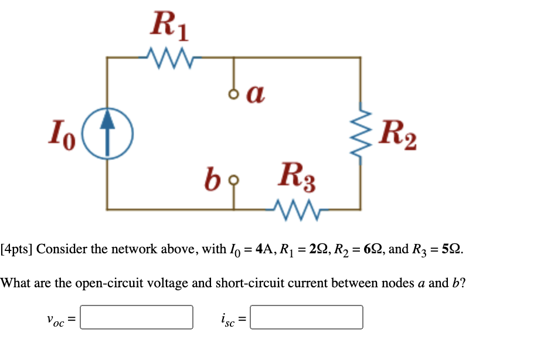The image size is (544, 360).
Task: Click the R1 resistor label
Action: point(169,26)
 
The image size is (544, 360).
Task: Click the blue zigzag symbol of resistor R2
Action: point(360,136)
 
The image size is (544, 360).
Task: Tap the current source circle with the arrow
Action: point(107,133)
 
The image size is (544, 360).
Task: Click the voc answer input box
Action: point(137,317)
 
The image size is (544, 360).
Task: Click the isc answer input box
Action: point(306,317)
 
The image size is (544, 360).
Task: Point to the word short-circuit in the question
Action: point(250,283)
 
